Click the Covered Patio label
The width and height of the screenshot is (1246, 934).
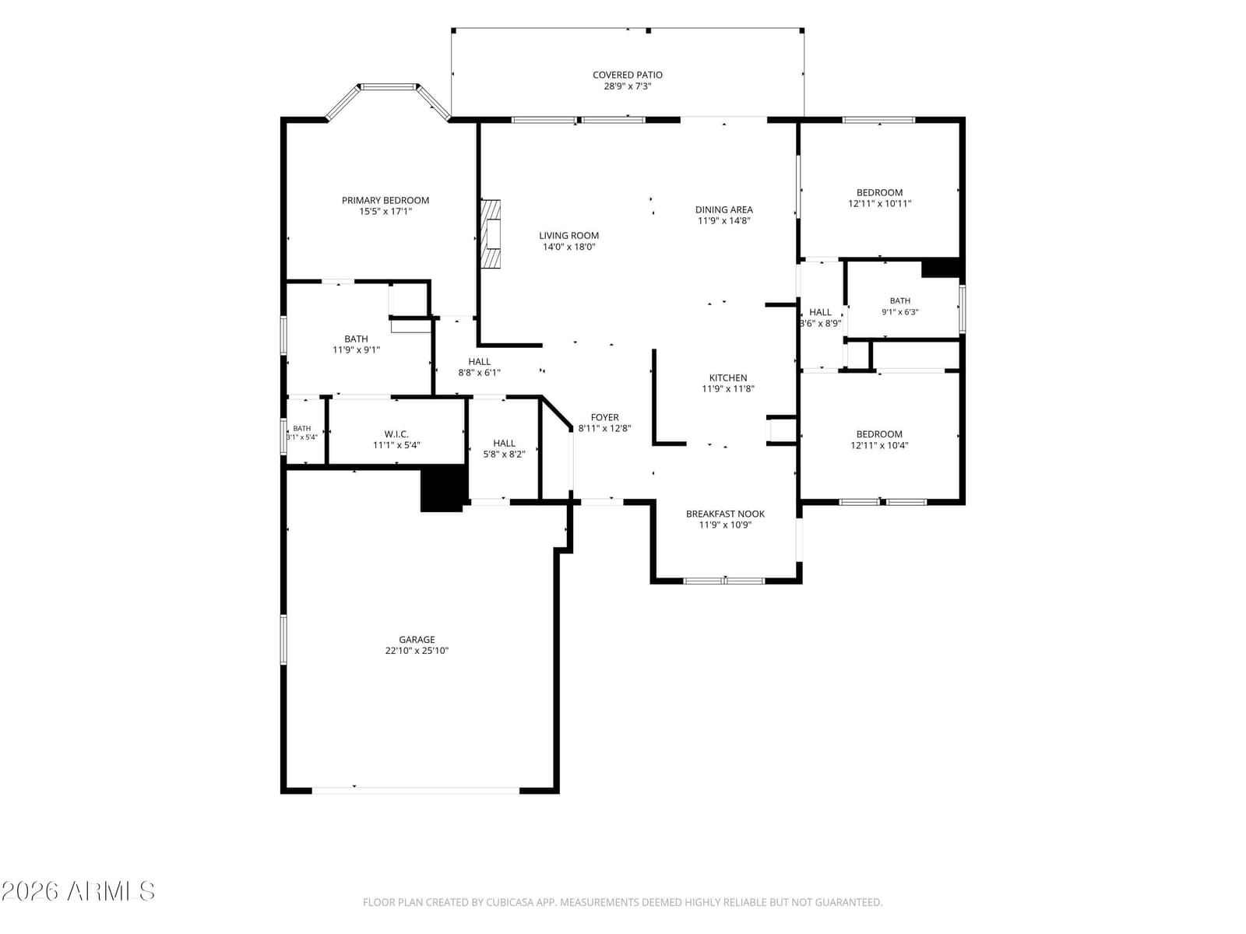627,75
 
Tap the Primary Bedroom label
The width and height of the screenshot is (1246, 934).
385,200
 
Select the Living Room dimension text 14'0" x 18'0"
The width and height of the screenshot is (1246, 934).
568,247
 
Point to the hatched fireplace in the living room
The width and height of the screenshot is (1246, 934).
491,233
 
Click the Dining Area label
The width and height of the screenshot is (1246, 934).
723,210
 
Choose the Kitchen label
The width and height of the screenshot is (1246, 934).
727,377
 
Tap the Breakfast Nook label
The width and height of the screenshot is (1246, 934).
725,514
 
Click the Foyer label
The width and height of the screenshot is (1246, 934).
604,417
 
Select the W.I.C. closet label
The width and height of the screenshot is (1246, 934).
396,434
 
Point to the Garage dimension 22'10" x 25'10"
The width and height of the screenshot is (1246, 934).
417,651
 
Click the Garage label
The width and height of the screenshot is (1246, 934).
417,640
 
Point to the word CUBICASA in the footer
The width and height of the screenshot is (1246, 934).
508,902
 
